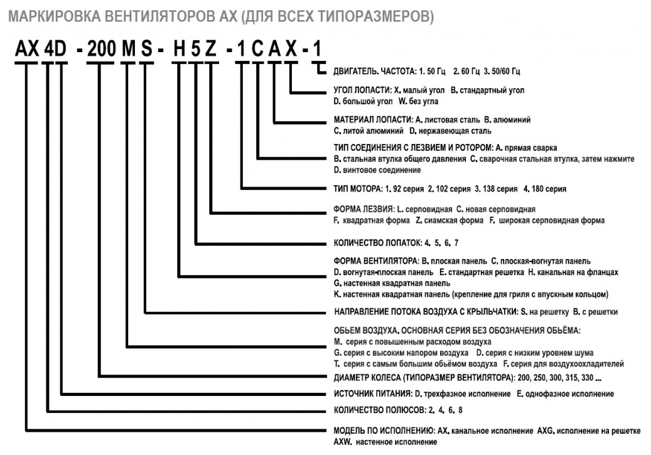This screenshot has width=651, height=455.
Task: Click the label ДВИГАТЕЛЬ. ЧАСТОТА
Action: pos(370,74)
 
